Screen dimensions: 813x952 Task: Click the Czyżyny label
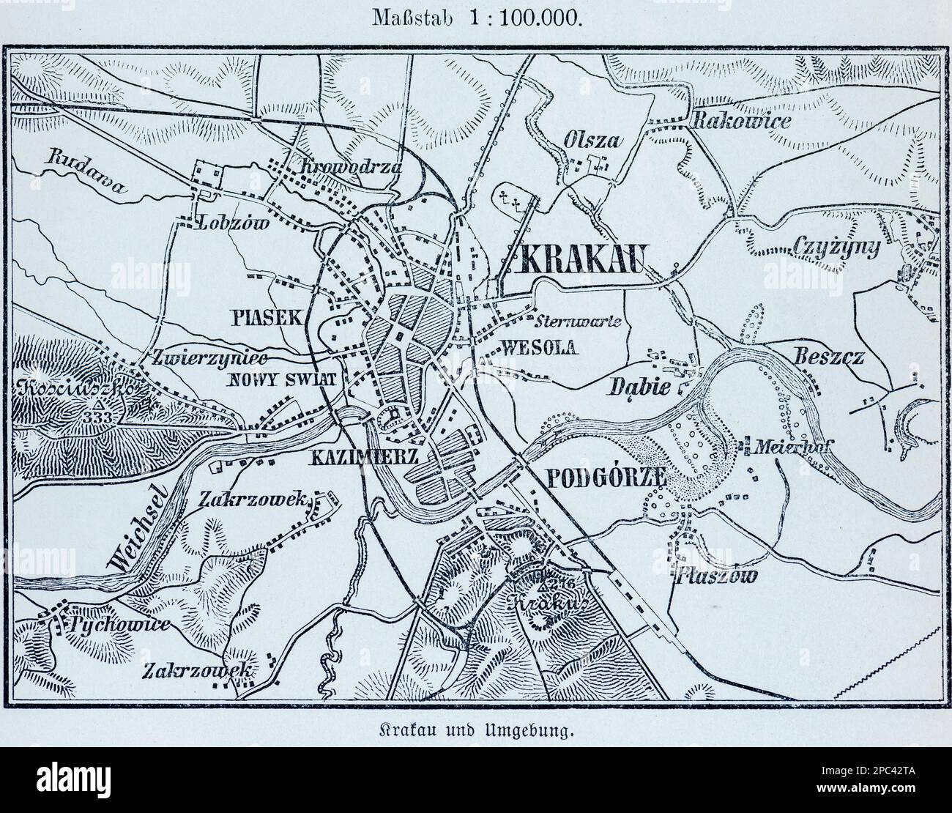point(836,249)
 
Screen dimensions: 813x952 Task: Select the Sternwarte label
point(579,321)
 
